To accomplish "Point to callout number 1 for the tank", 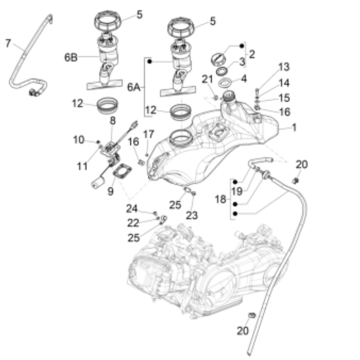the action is [x=294, y=128].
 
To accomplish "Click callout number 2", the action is [x=251, y=53].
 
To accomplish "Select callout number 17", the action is [x=147, y=135].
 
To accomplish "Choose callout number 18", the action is [x=220, y=200].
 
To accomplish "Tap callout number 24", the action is [x=131, y=208].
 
